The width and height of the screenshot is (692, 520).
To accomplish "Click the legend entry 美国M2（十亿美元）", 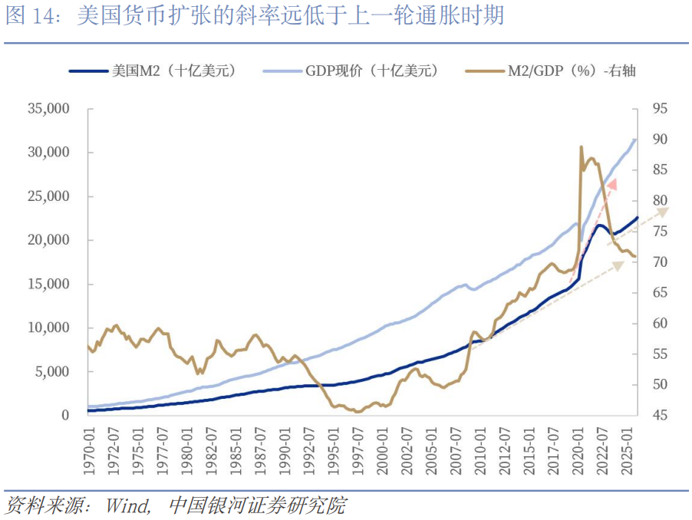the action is [153, 71].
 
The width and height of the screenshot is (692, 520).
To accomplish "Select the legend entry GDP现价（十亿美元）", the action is [351, 71].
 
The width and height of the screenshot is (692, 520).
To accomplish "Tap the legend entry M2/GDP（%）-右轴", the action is [550, 71].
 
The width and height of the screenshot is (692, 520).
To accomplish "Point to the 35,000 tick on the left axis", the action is [48, 108].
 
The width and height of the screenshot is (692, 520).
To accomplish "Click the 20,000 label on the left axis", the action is [48, 240].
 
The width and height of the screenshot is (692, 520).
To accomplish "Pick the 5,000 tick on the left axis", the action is [52, 372].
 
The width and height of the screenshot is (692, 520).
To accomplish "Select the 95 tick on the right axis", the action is [661, 108].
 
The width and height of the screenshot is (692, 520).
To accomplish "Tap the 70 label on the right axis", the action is [661, 262].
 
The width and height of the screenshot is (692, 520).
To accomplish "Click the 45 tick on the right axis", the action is [661, 415].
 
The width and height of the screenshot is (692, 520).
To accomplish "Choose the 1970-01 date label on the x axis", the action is [90, 451].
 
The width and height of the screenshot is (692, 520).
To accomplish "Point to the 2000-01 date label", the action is [382, 451].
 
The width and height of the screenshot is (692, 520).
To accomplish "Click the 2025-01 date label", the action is [626, 451].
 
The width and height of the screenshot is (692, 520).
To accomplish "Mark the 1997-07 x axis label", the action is [358, 451].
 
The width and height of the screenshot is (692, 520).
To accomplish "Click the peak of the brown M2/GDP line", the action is [582, 146].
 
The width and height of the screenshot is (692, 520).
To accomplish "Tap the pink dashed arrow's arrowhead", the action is [612, 185].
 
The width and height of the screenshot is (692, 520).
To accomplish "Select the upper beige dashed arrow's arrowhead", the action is [663, 212].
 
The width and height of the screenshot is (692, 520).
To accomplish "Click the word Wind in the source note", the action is [128, 506].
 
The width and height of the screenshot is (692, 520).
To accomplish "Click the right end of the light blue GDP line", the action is [635, 140].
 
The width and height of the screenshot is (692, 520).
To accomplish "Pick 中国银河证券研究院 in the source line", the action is [257, 506].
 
